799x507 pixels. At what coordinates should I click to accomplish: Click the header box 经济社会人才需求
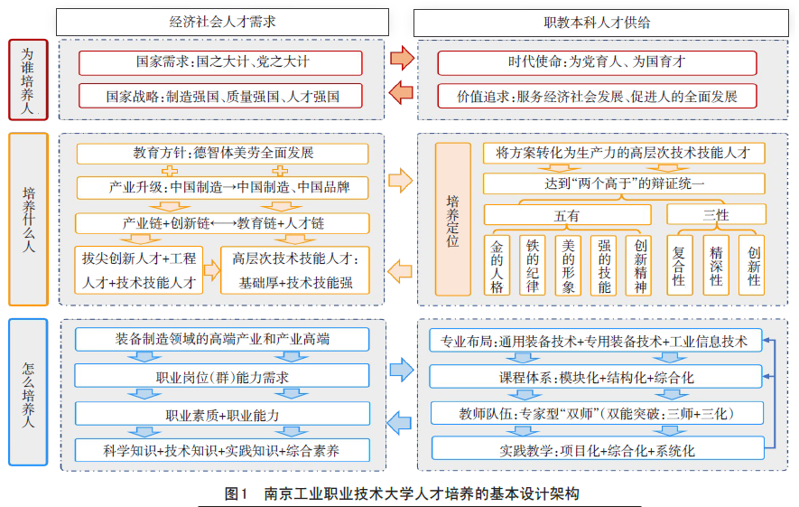pyautogui.click(x=221, y=21)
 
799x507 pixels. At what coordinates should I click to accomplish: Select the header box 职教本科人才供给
pyautogui.click(x=597, y=21)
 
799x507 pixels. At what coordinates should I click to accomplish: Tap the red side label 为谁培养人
pyautogui.click(x=28, y=80)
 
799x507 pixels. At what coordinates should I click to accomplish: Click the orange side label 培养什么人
pyautogui.click(x=28, y=220)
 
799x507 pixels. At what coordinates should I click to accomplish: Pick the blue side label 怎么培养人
pyautogui.click(x=28, y=391)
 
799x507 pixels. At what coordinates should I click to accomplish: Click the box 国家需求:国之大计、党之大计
pyautogui.click(x=220, y=63)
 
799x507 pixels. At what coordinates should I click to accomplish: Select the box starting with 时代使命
pyautogui.click(x=597, y=63)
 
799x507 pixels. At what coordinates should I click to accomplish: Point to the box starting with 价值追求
pyautogui.click(x=597, y=96)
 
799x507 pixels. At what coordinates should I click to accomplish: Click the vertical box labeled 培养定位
pyautogui.click(x=453, y=220)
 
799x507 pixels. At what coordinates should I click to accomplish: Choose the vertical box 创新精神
pyautogui.click(x=640, y=265)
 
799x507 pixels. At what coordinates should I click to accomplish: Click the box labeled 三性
pyautogui.click(x=716, y=214)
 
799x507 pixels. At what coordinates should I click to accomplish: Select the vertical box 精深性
pyautogui.click(x=717, y=265)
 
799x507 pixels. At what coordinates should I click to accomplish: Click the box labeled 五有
pyautogui.click(x=567, y=215)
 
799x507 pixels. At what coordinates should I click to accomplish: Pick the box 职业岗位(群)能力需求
pyautogui.click(x=222, y=377)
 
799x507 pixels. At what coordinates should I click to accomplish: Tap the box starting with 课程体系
pyautogui.click(x=597, y=377)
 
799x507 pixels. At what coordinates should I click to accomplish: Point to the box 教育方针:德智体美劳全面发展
pyautogui.click(x=222, y=154)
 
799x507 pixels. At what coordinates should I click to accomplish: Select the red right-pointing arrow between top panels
pyautogui.click(x=402, y=61)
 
